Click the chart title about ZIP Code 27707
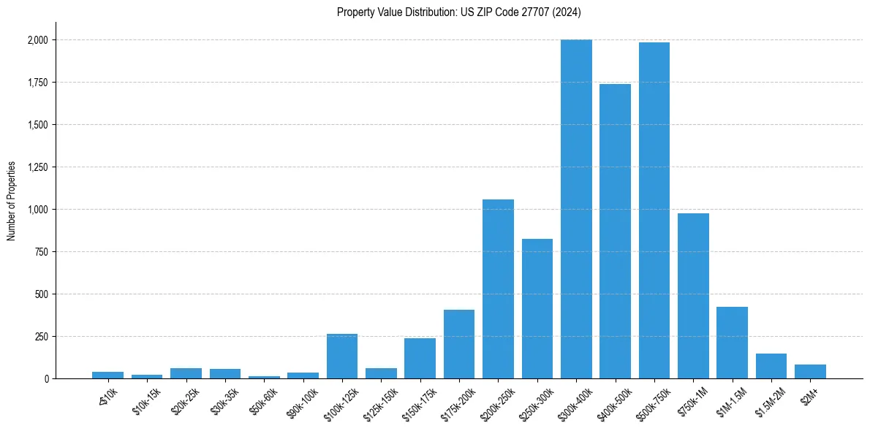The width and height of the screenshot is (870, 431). click(458, 12)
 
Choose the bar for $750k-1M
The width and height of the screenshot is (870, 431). click(693, 296)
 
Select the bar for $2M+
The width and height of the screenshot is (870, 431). click(810, 371)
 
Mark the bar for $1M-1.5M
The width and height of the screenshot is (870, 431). click(732, 343)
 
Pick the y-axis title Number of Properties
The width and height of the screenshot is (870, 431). click(12, 200)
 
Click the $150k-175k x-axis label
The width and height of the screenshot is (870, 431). click(419, 400)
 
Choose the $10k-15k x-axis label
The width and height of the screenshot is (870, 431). click(147, 399)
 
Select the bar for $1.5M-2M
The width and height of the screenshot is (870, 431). click(771, 366)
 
